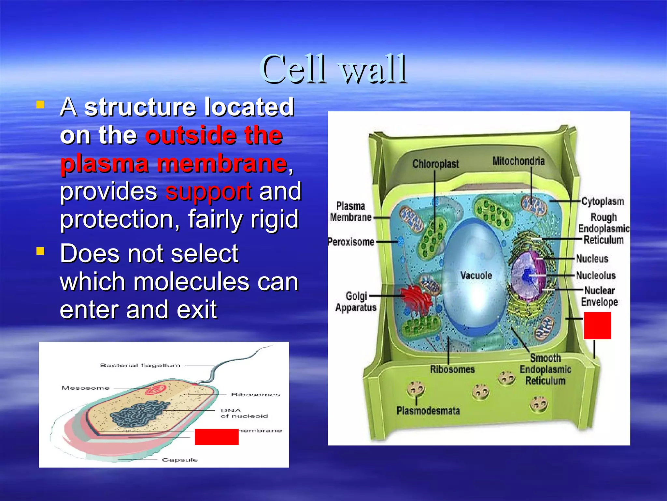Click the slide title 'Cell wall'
point(333,69)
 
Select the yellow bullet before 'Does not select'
point(40,251)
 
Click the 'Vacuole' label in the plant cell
point(476,276)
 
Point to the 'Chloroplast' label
point(435,164)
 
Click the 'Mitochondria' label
point(518,161)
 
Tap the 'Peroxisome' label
point(351,242)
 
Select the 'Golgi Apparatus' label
point(356,302)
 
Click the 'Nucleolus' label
point(596,275)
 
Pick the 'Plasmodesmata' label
point(428,411)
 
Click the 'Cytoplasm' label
point(603,201)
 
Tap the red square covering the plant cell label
point(597,326)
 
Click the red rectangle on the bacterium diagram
point(217,437)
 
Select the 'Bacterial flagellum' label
point(140,365)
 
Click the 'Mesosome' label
point(85,388)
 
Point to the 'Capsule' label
point(180,460)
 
